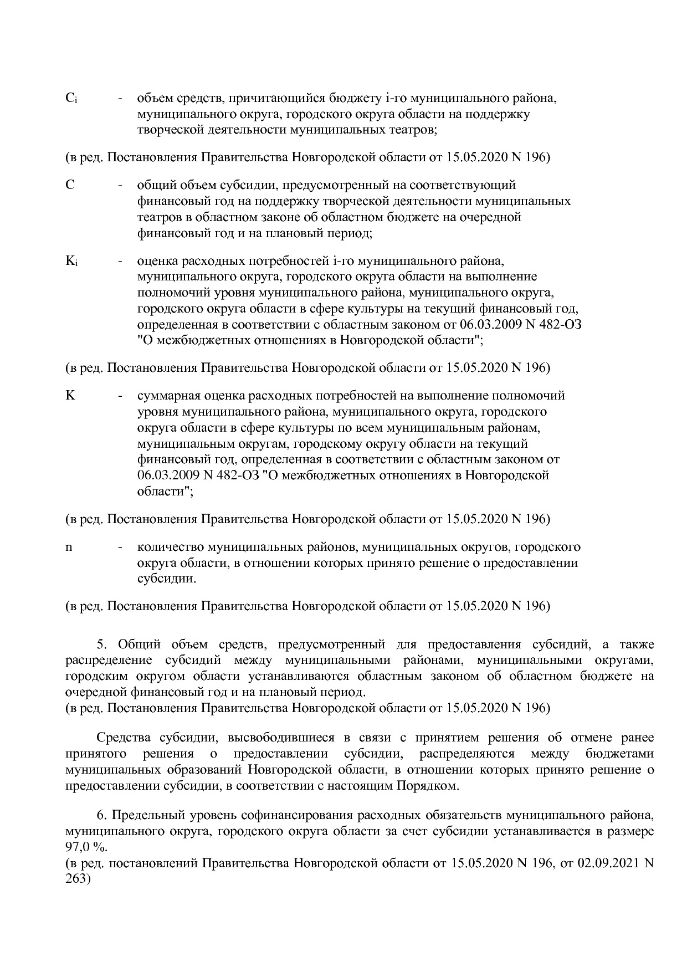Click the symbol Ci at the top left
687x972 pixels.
click(x=71, y=99)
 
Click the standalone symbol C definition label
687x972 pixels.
click(x=70, y=185)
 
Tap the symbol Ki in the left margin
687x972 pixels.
click(x=71, y=260)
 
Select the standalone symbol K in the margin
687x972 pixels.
click(x=70, y=396)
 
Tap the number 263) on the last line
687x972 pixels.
click(x=78, y=879)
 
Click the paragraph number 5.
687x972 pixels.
click(x=101, y=644)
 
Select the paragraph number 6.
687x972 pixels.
click(x=101, y=816)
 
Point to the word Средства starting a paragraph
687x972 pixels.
click(x=120, y=738)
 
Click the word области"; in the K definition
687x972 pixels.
click(x=165, y=491)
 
